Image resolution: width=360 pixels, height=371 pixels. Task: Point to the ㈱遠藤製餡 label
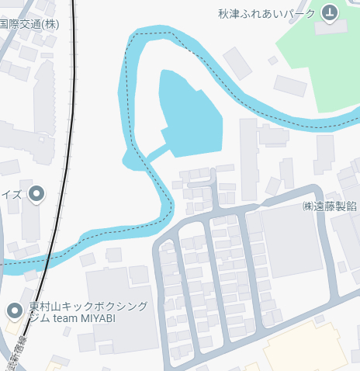click(x=330, y=206)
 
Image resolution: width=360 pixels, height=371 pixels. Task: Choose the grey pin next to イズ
click(x=35, y=194)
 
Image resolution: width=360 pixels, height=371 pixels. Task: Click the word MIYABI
click(x=119, y=319)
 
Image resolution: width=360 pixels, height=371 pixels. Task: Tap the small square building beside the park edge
click(x=272, y=61)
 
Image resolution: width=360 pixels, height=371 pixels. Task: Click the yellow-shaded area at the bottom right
click(x=310, y=349)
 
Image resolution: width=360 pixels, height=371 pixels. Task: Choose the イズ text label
click(x=12, y=194)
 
